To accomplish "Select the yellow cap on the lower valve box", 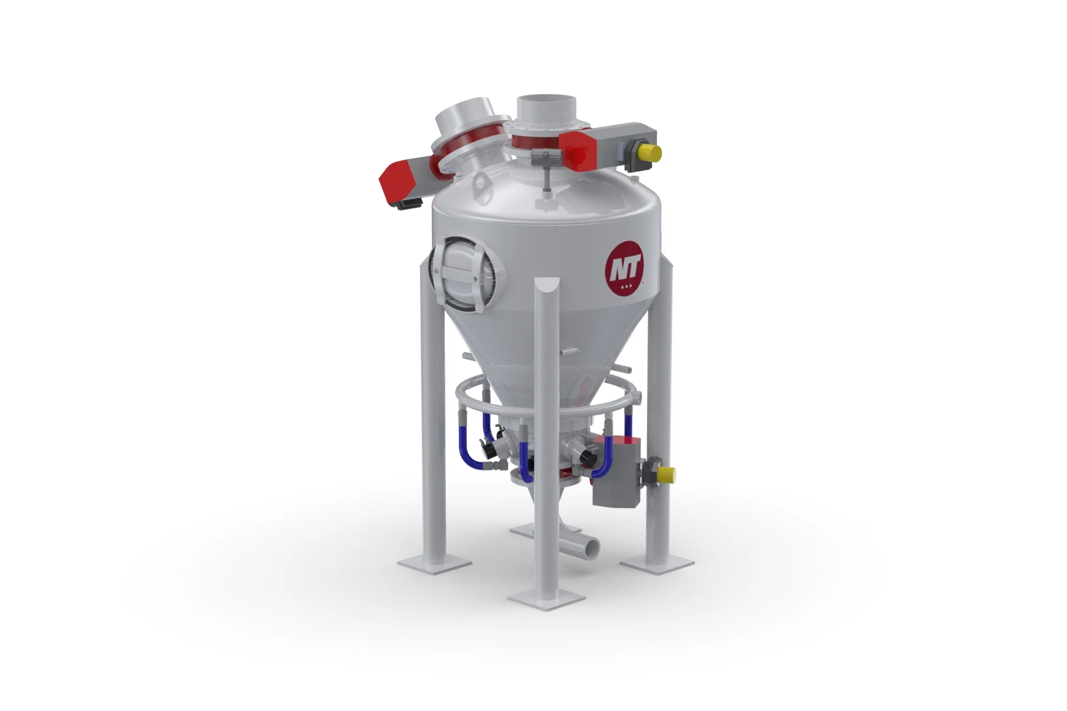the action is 666,474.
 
